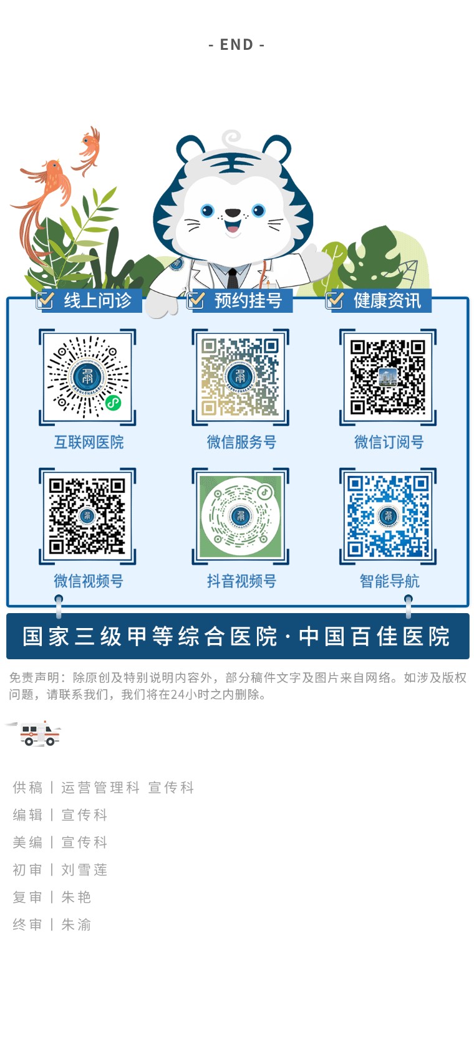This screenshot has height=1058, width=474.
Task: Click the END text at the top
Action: click(236, 44)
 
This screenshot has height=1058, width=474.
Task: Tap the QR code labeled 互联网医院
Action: click(87, 376)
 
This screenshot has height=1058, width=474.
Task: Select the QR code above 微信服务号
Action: click(240, 376)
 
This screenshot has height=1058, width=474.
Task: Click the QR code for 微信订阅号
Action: click(387, 376)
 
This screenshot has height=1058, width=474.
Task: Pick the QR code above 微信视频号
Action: click(87, 515)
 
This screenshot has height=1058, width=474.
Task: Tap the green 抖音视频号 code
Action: click(240, 516)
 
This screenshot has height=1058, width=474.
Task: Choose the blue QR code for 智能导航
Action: click(387, 515)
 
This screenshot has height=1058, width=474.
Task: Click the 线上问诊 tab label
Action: click(97, 300)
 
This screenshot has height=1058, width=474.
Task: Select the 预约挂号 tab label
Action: click(248, 300)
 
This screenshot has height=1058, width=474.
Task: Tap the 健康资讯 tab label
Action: click(387, 300)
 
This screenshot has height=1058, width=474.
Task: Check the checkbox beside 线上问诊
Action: click(45, 300)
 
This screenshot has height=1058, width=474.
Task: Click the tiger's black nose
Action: click(232, 213)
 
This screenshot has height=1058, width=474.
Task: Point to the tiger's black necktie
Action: click(232, 278)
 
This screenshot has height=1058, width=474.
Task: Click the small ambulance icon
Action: click(37, 733)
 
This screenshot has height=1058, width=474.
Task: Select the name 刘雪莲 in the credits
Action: click(84, 870)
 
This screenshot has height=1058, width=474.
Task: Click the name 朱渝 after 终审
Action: click(75, 924)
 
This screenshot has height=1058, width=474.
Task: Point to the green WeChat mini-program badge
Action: click(113, 403)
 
